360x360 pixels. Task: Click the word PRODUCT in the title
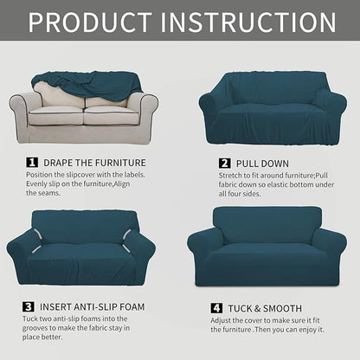point(97,22)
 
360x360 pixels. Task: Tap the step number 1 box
point(32,162)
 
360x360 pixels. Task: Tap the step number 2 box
point(224,162)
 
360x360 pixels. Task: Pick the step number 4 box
point(216,308)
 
